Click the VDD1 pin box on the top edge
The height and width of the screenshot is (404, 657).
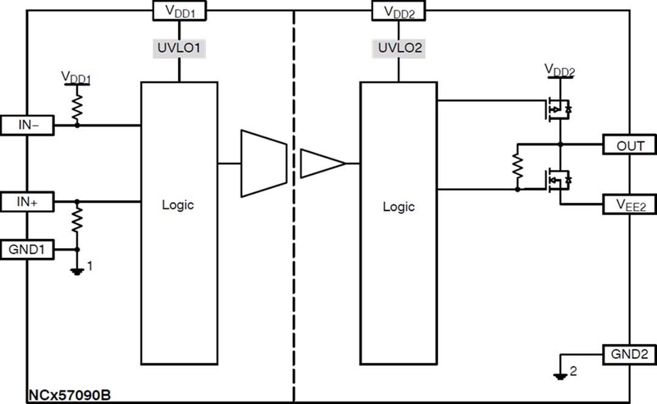(179, 10)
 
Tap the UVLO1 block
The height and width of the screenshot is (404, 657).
(179, 48)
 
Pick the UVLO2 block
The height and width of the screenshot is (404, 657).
(399, 48)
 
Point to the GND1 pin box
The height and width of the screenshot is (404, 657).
(27, 249)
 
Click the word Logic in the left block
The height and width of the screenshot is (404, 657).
(178, 204)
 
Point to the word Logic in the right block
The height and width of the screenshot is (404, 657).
(398, 207)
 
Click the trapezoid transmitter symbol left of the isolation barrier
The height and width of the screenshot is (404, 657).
(263, 163)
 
